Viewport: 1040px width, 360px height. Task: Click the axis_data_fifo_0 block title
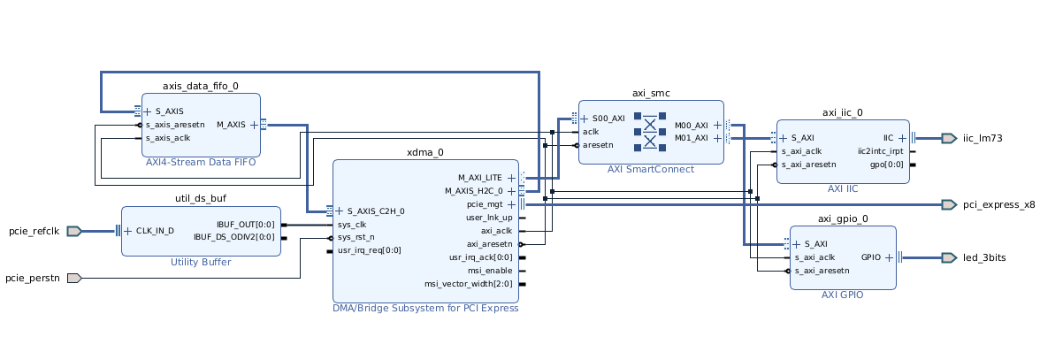pos(201,86)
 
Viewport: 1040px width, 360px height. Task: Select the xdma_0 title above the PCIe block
pos(424,153)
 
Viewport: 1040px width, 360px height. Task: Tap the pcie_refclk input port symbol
pos(74,231)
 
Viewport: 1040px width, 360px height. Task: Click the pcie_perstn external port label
pos(33,278)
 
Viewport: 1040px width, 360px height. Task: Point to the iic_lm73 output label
pos(982,138)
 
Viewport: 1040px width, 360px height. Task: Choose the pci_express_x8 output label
pos(998,204)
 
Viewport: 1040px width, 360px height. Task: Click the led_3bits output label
pos(984,257)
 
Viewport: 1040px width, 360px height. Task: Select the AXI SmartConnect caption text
pos(651,169)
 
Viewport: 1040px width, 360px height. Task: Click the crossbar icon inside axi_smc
pos(651,130)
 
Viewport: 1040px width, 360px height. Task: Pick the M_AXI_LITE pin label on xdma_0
pos(479,178)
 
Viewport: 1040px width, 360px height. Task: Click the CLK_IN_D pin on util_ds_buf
pos(155,231)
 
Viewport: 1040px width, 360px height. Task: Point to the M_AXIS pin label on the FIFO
pos(231,125)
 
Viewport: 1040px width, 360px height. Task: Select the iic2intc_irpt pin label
pos(880,151)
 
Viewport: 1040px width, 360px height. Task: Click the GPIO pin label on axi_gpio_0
pos(871,257)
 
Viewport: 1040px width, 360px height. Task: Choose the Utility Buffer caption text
pos(201,262)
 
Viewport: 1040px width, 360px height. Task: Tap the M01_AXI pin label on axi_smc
pos(691,138)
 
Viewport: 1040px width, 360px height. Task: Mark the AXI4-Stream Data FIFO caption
pos(201,162)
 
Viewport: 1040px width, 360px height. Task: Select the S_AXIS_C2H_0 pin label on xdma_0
pos(376,211)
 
